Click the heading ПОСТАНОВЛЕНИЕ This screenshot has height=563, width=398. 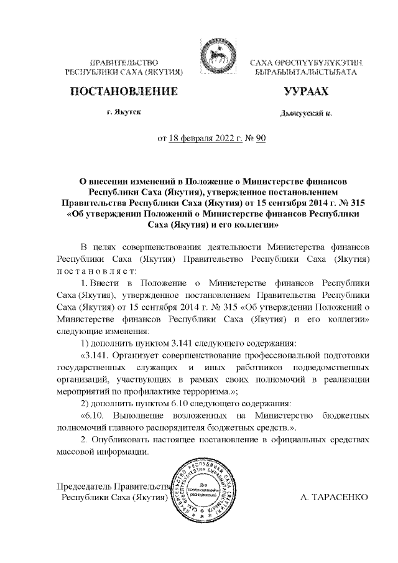121,92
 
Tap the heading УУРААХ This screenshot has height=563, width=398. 305,92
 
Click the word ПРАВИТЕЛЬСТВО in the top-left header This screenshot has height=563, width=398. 123,63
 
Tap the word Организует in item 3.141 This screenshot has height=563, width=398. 139,355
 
